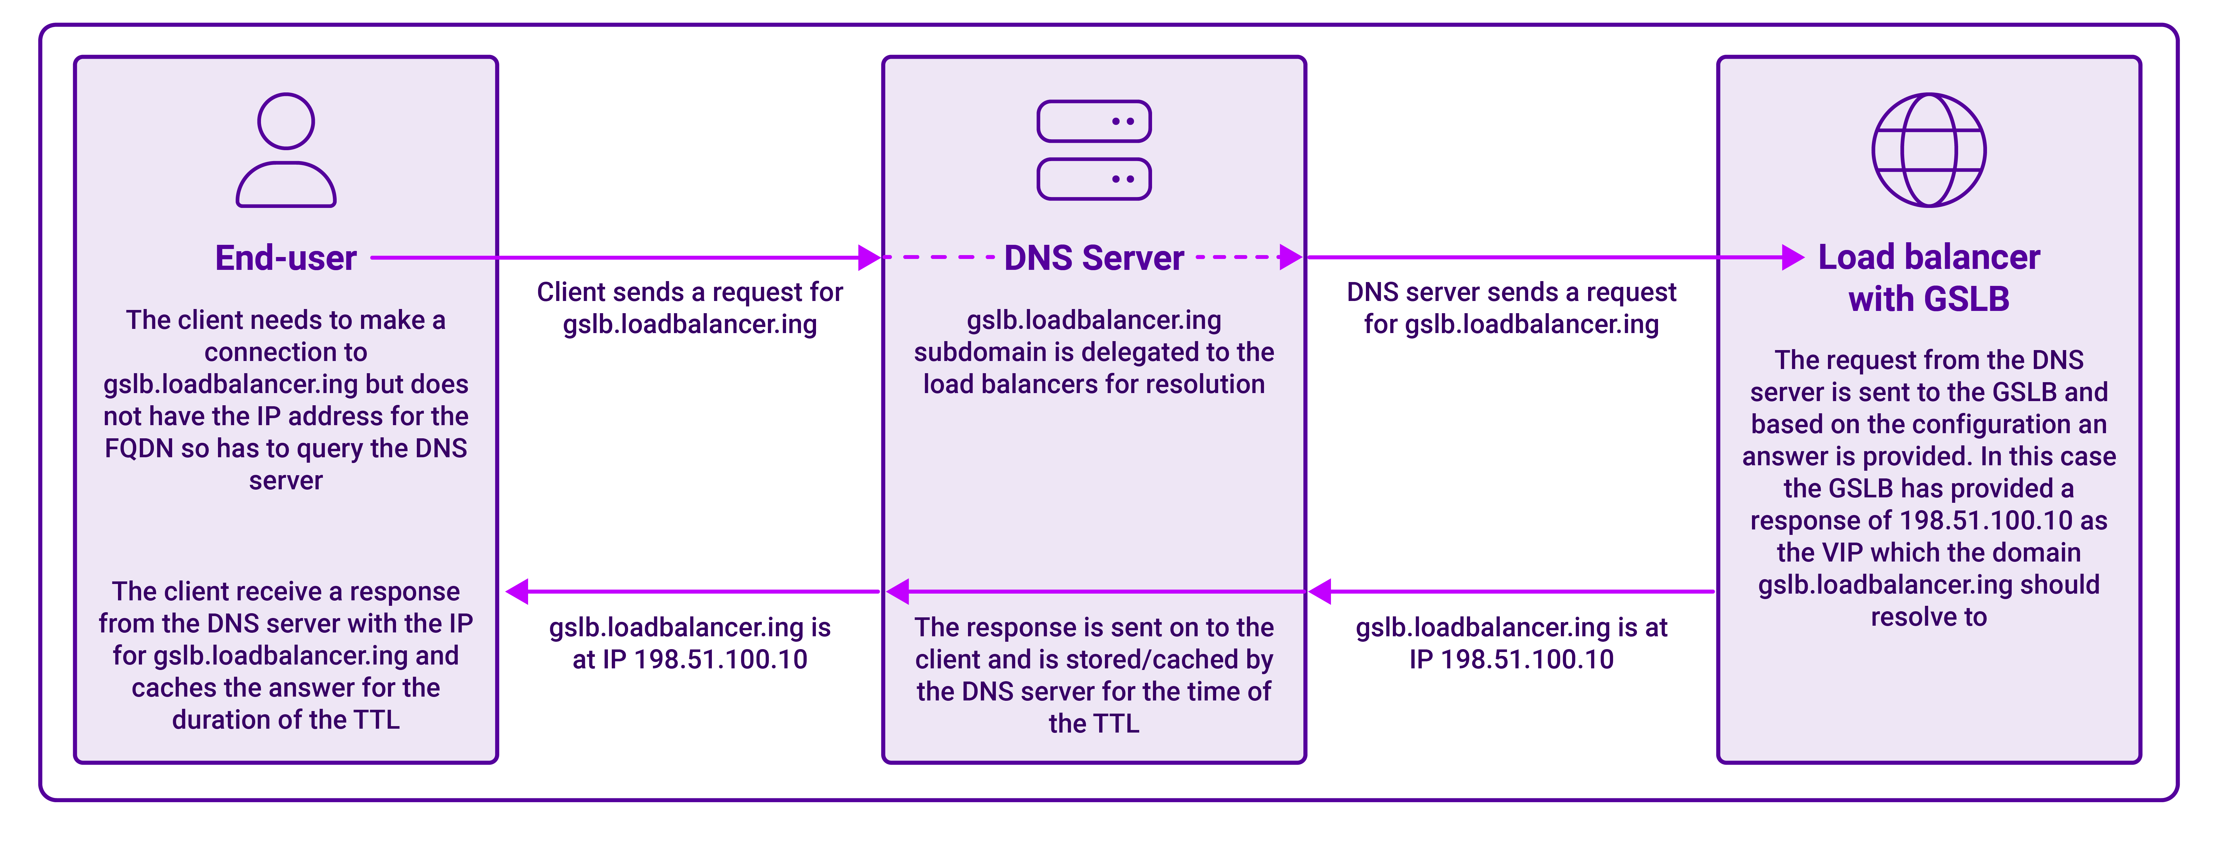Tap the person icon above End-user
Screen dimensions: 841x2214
point(286,150)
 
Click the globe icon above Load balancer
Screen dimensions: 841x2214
point(1929,150)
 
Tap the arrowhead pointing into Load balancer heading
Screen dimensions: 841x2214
point(1793,257)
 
